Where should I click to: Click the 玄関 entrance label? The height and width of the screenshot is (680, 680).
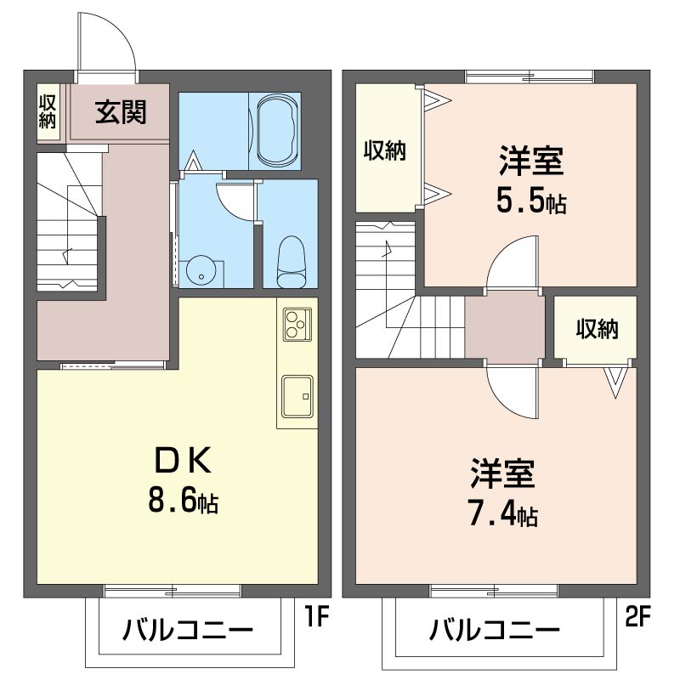121,112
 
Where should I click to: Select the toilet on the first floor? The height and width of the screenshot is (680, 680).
291,262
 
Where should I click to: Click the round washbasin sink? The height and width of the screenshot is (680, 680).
201,269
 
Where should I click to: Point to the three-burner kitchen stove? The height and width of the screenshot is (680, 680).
297,324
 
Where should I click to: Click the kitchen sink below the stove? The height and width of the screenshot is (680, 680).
297,397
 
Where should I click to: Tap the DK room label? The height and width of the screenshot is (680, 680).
183,461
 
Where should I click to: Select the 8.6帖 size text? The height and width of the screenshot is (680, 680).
183,500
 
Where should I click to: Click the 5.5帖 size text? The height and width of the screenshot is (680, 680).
531,201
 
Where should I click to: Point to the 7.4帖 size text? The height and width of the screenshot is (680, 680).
503,515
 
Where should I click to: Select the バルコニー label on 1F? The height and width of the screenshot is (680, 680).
188,630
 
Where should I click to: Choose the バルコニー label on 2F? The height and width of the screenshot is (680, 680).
495,630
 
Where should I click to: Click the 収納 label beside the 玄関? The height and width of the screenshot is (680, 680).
48,112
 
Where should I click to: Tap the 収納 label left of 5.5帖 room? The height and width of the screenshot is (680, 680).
385,150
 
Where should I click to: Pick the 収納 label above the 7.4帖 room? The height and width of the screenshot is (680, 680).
598,329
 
